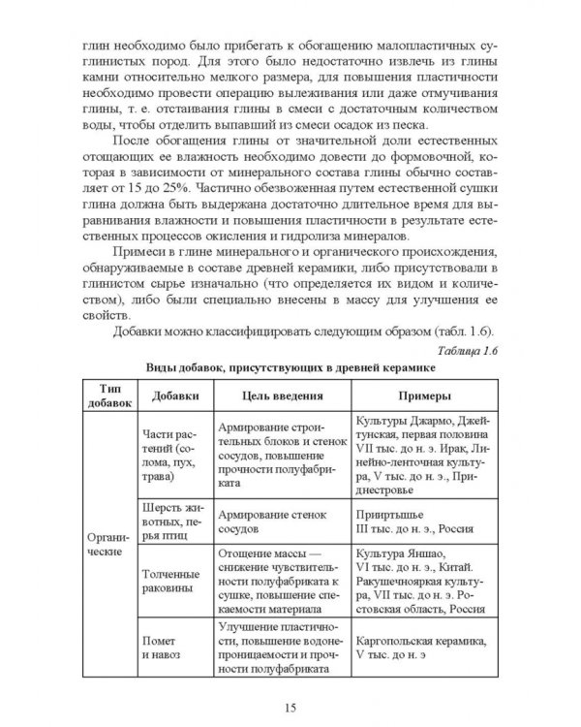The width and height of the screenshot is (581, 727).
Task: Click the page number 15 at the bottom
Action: click(290, 680)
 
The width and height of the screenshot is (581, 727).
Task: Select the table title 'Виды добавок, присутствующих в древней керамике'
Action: click(290, 369)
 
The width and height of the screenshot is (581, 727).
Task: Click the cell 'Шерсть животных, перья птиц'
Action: click(171, 520)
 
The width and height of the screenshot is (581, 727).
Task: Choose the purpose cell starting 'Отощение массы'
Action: click(272, 580)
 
